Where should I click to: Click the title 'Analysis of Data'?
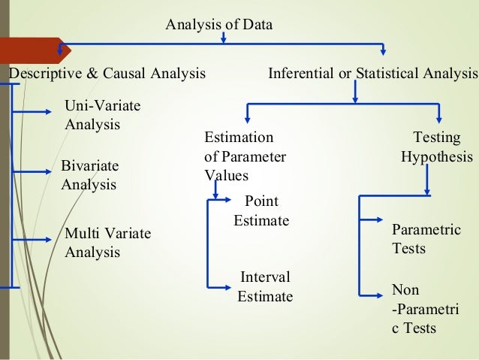[x=218, y=25]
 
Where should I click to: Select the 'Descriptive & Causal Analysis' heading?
[x=107, y=74]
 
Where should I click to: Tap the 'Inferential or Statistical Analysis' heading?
[x=372, y=74]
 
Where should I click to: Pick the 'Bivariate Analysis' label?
[x=89, y=174]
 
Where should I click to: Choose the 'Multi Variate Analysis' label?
[x=107, y=243]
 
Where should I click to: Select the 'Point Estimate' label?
[x=261, y=210]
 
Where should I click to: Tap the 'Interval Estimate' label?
[x=264, y=286]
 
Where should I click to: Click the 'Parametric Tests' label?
[x=426, y=239]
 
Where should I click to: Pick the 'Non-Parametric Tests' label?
[x=426, y=308]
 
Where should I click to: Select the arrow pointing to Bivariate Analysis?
[x=38, y=172]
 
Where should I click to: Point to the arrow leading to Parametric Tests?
[x=372, y=221]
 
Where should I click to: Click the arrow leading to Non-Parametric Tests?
[x=372, y=295]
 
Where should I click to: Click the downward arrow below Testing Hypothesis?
[x=427, y=181]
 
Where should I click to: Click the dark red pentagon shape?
[x=35, y=51]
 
